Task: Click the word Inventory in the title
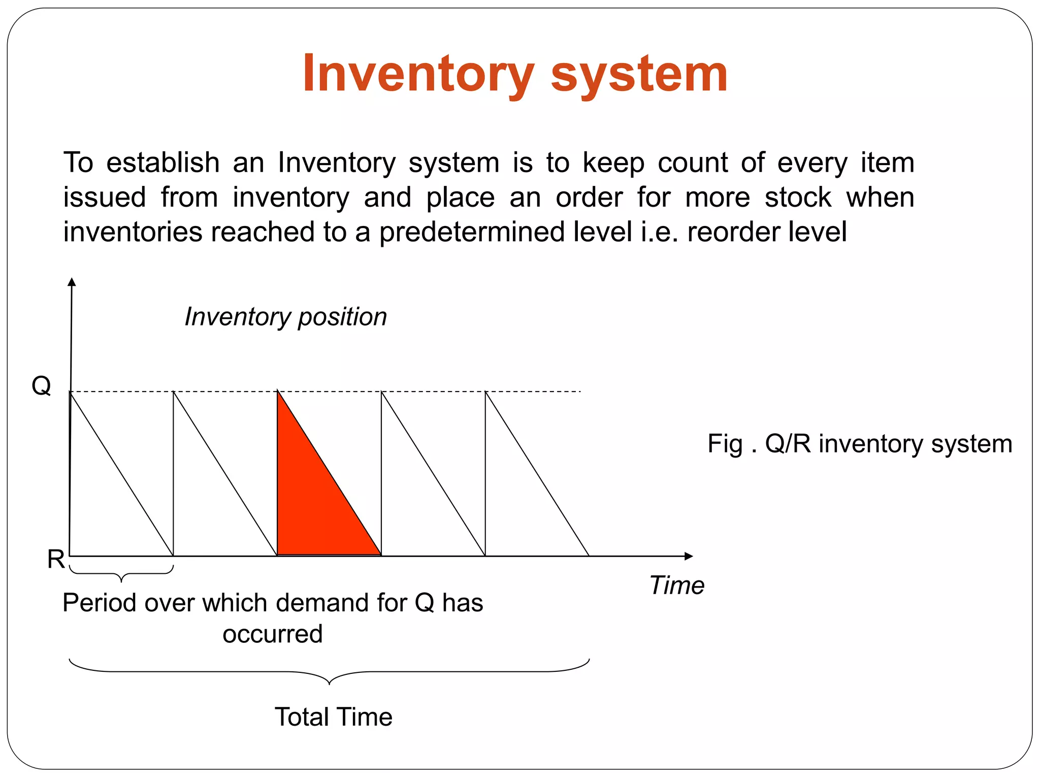pos(418,74)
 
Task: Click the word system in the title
pos(639,74)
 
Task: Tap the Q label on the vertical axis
pos(41,386)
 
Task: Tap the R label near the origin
pos(56,559)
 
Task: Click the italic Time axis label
pos(677,585)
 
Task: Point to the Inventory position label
pos(285,317)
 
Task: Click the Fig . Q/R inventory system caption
pos(860,443)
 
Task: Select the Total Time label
pos(334,717)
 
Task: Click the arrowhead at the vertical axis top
pos(72,282)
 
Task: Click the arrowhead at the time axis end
pos(689,556)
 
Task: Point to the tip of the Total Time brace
pos(329,684)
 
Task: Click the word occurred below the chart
pos(273,634)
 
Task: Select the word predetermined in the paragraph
pos(472,232)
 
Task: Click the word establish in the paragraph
pos(163,163)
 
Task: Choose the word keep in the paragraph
pos(613,163)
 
